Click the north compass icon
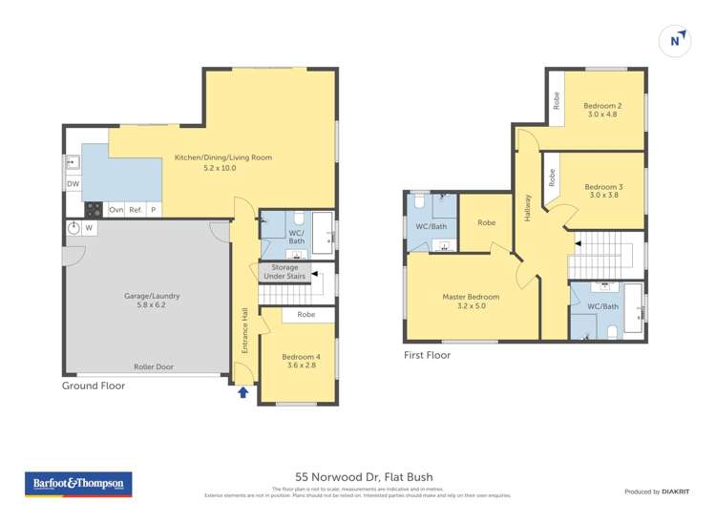click(x=675, y=41)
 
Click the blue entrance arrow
click(x=243, y=391)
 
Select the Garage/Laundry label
click(x=152, y=302)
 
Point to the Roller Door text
click(x=153, y=366)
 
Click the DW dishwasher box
click(x=73, y=183)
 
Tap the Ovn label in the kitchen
click(x=116, y=209)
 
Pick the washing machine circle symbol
click(x=74, y=228)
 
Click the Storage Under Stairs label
click(x=285, y=273)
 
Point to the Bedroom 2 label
click(x=602, y=110)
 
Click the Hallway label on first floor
click(x=527, y=208)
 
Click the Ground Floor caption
click(x=93, y=386)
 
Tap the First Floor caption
click(x=427, y=355)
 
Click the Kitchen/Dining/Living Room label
click(x=217, y=162)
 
